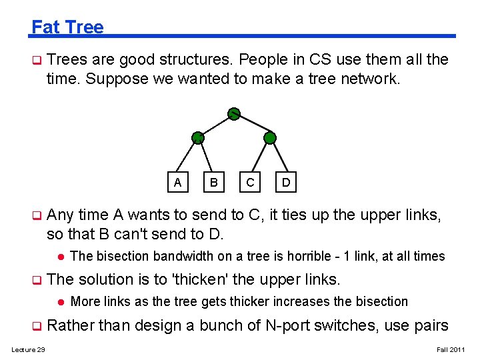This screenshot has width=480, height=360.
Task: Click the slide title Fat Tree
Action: point(67,27)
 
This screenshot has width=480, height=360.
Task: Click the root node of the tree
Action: point(233,113)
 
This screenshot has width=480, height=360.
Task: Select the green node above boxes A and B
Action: point(197,138)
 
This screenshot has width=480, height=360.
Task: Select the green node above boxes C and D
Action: point(269,138)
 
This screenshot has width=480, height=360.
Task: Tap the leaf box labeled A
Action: point(177,181)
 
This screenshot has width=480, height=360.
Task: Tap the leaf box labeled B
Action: point(213,181)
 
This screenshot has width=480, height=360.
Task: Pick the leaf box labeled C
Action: point(250,181)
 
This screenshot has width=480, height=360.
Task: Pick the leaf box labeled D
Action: point(286,181)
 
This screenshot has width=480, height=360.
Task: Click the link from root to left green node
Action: point(215,125)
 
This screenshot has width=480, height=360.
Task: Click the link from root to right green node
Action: point(251,125)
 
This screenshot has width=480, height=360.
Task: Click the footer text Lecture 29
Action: point(28,350)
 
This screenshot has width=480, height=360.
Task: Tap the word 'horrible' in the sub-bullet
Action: point(307,256)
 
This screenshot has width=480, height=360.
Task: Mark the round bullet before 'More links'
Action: point(59,301)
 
